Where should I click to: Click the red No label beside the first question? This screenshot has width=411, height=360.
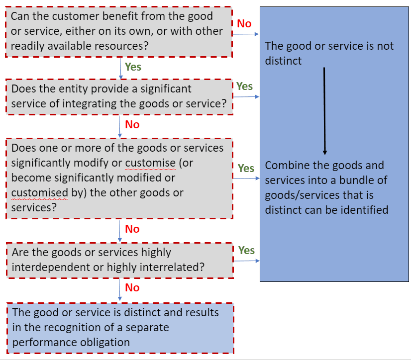coord(244,23)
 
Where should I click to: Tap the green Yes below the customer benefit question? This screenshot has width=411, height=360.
coord(133,67)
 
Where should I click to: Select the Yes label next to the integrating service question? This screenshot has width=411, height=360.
coord(244,86)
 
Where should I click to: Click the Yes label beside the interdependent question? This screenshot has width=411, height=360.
coord(246,250)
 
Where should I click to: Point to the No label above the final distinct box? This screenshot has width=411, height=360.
coord(132,287)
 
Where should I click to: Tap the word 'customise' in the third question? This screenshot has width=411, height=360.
coord(150,163)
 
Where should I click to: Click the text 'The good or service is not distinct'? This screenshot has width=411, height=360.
coord(329,53)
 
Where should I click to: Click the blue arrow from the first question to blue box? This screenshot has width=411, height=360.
coord(246,34)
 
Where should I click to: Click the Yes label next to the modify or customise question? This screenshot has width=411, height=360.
coord(246,168)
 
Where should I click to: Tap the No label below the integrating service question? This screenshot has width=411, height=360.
coord(132,124)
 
